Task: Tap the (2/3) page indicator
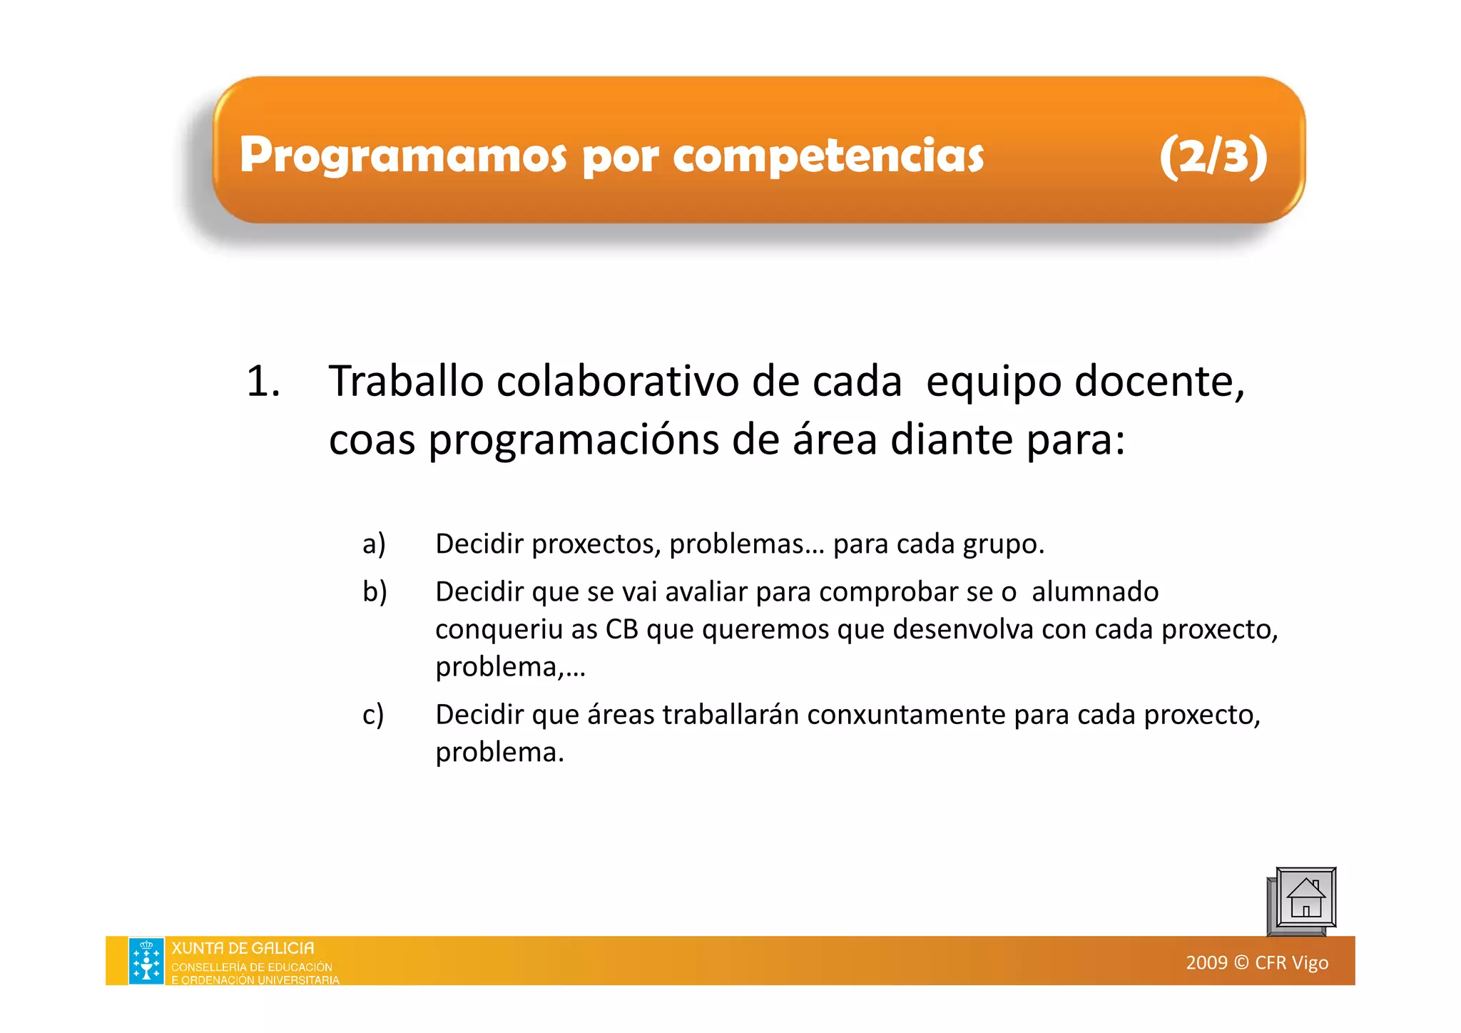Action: [1213, 156]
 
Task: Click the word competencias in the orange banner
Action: [828, 156]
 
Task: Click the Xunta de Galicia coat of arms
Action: [146, 960]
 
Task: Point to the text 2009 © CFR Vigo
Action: [1257, 962]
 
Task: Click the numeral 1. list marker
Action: [263, 381]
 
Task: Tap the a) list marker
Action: [374, 544]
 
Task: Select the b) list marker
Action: [375, 591]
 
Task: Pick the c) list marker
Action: [373, 714]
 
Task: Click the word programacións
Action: [574, 439]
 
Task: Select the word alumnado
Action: [1095, 591]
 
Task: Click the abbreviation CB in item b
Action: [621, 629]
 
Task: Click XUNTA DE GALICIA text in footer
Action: [243, 948]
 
